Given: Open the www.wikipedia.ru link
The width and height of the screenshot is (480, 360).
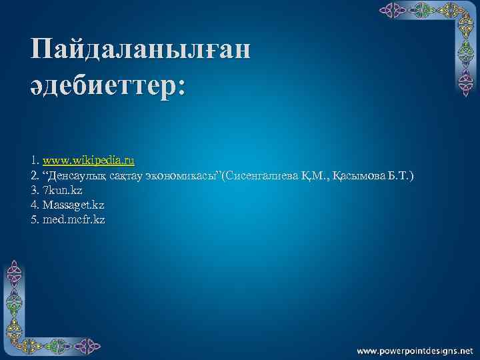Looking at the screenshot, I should point(88,161).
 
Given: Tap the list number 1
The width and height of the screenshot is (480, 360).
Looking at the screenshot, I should point(33,161).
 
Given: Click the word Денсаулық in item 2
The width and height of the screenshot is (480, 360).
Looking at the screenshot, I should point(75,175).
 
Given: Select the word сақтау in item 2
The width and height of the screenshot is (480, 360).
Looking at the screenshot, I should point(125,175).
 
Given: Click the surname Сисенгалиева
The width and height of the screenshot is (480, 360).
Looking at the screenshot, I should point(261,175).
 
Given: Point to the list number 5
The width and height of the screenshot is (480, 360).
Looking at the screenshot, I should point(33,219).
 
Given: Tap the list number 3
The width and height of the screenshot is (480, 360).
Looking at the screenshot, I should point(33,190).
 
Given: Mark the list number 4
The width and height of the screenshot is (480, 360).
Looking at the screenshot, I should point(33,205).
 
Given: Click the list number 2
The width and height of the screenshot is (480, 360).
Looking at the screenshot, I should point(33,175).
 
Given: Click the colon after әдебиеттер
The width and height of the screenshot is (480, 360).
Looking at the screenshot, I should point(181,89).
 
